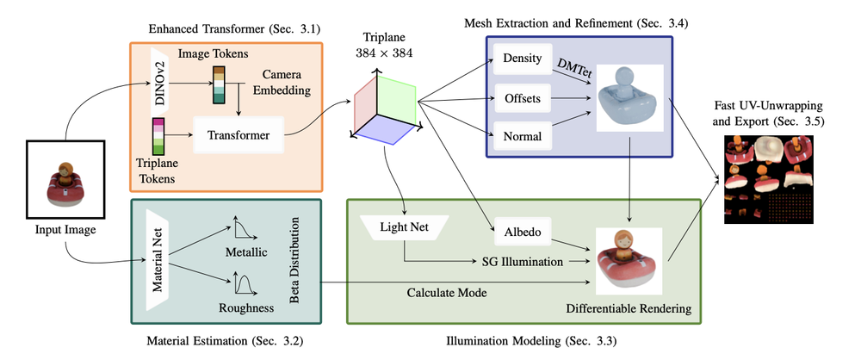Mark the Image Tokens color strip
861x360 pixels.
220,83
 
